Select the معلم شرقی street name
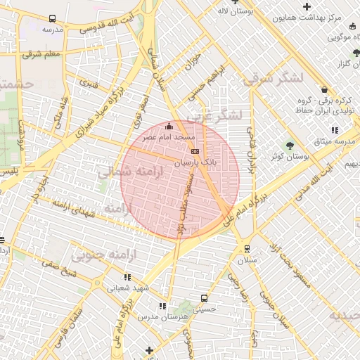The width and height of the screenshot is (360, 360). click(x=42, y=53)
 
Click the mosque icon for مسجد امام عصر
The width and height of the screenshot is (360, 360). click(x=168, y=127)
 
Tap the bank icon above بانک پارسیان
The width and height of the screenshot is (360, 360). click(x=195, y=151)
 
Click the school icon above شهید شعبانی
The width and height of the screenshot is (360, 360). click(x=127, y=276)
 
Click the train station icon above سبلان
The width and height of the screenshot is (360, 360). click(x=247, y=248)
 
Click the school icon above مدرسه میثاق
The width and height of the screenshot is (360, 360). click(x=335, y=130)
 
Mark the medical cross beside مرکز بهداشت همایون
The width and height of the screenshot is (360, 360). click(x=307, y=6)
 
